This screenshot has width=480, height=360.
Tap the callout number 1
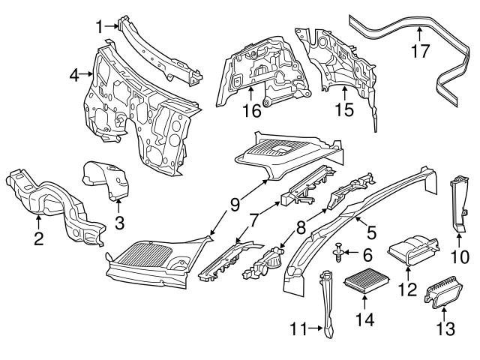pyautogui.click(x=100, y=26)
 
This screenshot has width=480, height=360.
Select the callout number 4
pyautogui.click(x=73, y=75)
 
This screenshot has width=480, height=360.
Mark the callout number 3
pyautogui.click(x=118, y=223)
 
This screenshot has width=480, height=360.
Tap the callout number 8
pyautogui.click(x=301, y=225)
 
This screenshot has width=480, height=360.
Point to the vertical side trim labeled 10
pyautogui.click(x=457, y=202)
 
